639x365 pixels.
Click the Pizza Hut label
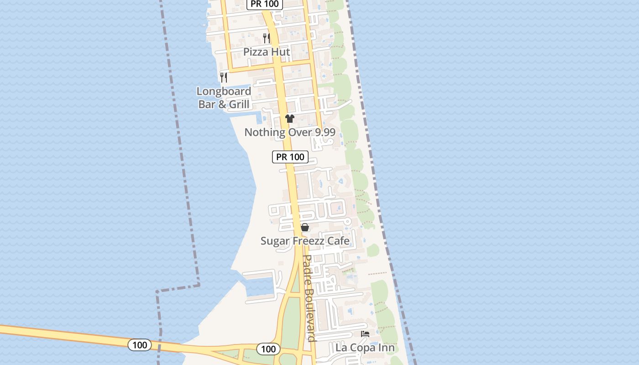coord(267,52)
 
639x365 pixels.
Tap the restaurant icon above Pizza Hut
coord(267,38)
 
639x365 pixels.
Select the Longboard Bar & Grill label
coord(224,98)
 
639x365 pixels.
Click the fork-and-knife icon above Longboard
coord(224,77)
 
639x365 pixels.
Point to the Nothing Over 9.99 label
coord(290,132)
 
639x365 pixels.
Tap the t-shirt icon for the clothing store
coord(290,119)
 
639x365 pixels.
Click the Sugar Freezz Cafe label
coord(305,241)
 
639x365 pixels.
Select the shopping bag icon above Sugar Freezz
coord(305,227)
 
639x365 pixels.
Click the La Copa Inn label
coord(365,348)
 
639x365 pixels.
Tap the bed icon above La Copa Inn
coord(365,334)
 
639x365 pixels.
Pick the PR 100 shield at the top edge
coord(265,4)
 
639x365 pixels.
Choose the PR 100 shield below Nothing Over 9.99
coord(290,157)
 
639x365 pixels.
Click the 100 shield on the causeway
coord(140,345)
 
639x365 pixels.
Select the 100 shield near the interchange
coord(268,349)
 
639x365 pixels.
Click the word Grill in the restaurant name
coord(239,104)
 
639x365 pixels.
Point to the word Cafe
coord(337,241)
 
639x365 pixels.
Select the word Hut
coord(281,52)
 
